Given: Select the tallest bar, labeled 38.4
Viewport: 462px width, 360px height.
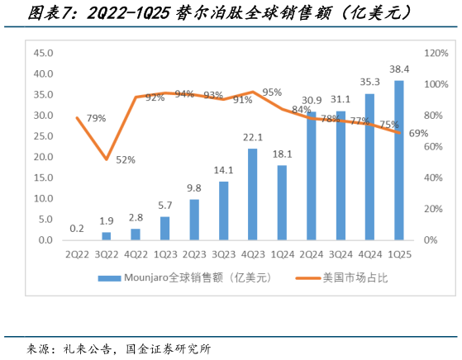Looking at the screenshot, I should pos(399,160).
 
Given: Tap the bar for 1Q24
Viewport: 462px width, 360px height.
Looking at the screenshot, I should pos(282,202).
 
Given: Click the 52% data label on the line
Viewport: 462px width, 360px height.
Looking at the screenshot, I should pos(126,160).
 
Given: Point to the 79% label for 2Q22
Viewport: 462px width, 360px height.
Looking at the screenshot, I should pos(96,118).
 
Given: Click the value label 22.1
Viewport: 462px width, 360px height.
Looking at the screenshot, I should pos(252,137).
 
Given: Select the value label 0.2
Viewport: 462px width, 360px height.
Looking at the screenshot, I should pos(76,228).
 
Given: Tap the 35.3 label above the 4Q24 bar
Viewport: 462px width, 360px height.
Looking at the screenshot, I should pos(369,82).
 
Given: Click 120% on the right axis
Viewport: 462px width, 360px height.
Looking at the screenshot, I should pos(436,53).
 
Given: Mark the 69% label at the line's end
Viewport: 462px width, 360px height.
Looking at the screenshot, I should pos(417,133).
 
